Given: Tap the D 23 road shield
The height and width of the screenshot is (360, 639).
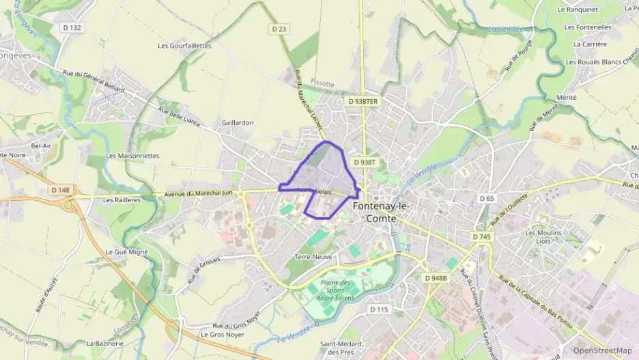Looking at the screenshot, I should click(x=279, y=29).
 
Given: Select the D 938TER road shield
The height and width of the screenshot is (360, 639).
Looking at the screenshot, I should click(x=363, y=101).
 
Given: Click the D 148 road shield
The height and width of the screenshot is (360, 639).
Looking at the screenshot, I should click(x=60, y=190).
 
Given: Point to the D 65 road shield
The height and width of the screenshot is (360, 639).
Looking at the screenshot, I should click(x=486, y=198).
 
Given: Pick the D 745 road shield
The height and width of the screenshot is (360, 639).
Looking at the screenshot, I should click(x=481, y=236).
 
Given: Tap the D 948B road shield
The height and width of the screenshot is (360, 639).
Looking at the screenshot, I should click(x=435, y=278).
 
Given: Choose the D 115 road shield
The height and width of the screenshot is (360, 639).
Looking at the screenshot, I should click(x=379, y=309).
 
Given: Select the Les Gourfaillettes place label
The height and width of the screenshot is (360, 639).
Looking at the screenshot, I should click(x=184, y=46).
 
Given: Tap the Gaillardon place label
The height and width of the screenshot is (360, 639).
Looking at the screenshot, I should click(x=238, y=122).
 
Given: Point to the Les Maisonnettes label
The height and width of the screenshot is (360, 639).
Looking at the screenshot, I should click(x=132, y=156).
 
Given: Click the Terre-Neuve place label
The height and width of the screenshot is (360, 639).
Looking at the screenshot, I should click(x=312, y=257).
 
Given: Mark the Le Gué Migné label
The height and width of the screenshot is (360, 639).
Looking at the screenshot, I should click(x=128, y=251).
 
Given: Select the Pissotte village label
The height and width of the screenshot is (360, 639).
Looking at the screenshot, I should click(x=322, y=83).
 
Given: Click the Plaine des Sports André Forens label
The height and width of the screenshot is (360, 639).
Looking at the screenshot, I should click(x=335, y=290).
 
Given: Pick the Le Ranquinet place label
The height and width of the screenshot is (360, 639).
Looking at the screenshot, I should click(x=578, y=10).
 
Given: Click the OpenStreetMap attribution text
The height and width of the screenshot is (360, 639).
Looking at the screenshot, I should click(x=603, y=350).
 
